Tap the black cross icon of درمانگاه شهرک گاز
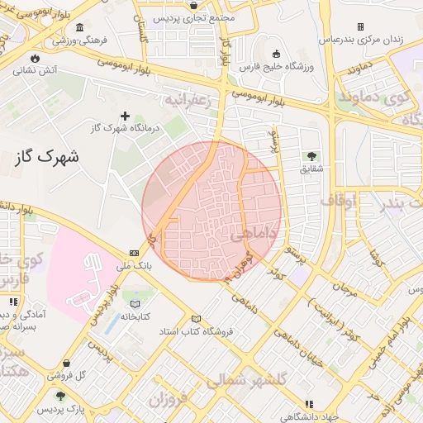pyautogui.click(x=126, y=116)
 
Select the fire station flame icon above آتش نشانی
pyautogui.click(x=35, y=57)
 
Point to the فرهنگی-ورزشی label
pyautogui.click(x=71, y=39)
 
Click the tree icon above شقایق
pyautogui.click(x=311, y=155)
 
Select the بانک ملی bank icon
pyautogui.click(x=134, y=254)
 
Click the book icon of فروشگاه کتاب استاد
pyautogui.click(x=196, y=319)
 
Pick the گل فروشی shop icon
pyautogui.click(x=66, y=363)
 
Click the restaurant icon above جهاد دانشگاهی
pyautogui.click(x=309, y=404)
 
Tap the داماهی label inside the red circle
pyautogui.click(x=247, y=236)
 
